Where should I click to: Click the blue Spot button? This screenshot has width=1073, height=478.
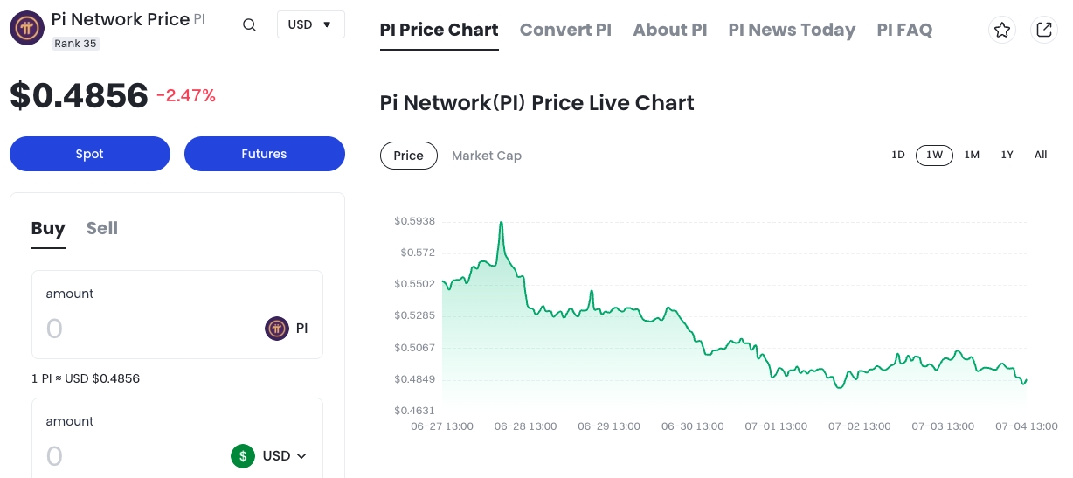point(89,154)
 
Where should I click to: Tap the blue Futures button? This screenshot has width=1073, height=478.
point(264,154)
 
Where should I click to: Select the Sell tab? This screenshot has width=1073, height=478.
point(101,228)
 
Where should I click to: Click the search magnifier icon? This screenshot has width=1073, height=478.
point(249,24)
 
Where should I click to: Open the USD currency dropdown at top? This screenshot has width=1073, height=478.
point(310,24)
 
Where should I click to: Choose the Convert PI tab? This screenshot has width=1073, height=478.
point(565,30)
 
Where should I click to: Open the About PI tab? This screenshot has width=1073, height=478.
point(669,30)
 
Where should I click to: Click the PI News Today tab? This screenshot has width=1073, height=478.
point(792,30)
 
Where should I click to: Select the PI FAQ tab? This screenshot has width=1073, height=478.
point(904,30)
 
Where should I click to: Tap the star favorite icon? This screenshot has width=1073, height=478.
point(1002,30)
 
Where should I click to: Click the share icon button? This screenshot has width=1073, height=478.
point(1043,30)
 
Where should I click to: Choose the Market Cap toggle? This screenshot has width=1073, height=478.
point(486,156)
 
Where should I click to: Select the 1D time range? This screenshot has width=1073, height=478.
point(897,155)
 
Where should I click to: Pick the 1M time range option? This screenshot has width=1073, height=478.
point(972,155)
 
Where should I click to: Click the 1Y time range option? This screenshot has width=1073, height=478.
point(1007,155)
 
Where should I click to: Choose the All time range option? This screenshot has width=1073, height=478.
point(1041,155)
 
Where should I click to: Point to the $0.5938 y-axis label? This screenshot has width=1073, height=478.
point(414,221)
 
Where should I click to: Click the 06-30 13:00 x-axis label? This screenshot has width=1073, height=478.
point(692,426)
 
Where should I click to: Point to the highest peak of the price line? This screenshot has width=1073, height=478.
point(501,223)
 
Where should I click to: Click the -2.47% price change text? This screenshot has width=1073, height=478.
point(186,96)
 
